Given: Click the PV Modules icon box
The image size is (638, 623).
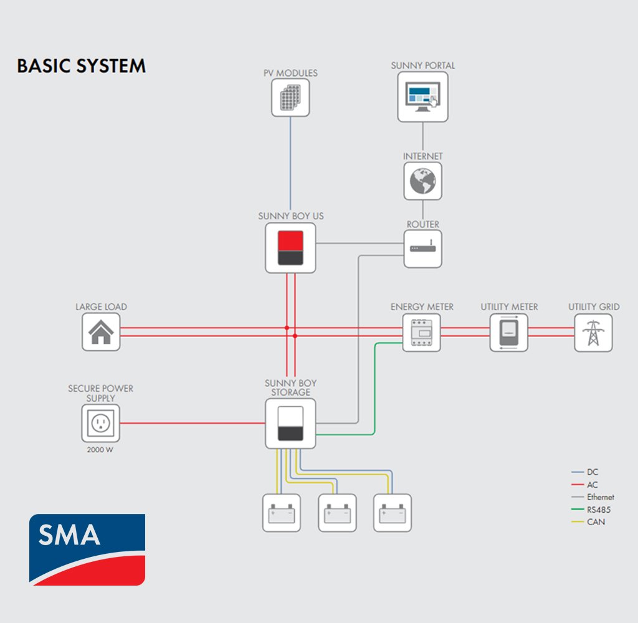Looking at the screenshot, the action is tap(290, 98).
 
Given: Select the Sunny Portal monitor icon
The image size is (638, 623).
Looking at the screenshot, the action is tap(423, 97).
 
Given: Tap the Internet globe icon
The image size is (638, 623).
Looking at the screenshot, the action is tap(423, 181).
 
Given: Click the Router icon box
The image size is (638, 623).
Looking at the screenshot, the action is tap(423, 249).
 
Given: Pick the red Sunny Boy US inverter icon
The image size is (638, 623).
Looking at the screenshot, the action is tap(290, 248).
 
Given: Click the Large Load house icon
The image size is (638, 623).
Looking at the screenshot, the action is tap(101, 331).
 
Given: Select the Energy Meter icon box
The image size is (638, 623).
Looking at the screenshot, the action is tap(422, 333).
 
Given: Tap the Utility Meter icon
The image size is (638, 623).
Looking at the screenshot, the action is tap(509, 333).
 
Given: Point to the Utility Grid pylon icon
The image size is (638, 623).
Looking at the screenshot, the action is tap(593, 333).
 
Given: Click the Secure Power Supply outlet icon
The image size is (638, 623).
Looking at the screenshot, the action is tap(100, 423).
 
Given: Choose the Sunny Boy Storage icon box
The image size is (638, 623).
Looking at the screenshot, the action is tap(290, 424).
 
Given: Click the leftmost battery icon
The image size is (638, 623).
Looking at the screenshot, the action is tap(282, 513).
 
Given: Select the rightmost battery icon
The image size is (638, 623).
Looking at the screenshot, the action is tap(393, 513).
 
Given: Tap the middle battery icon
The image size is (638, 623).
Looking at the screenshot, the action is tap(337, 513).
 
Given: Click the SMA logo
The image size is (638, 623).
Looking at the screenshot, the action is tap(87, 549).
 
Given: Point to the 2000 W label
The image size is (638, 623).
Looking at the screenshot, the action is tap(100, 450).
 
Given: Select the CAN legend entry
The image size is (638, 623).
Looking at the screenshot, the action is tap(588, 521).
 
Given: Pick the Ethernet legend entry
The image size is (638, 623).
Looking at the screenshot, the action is tap(593, 497).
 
